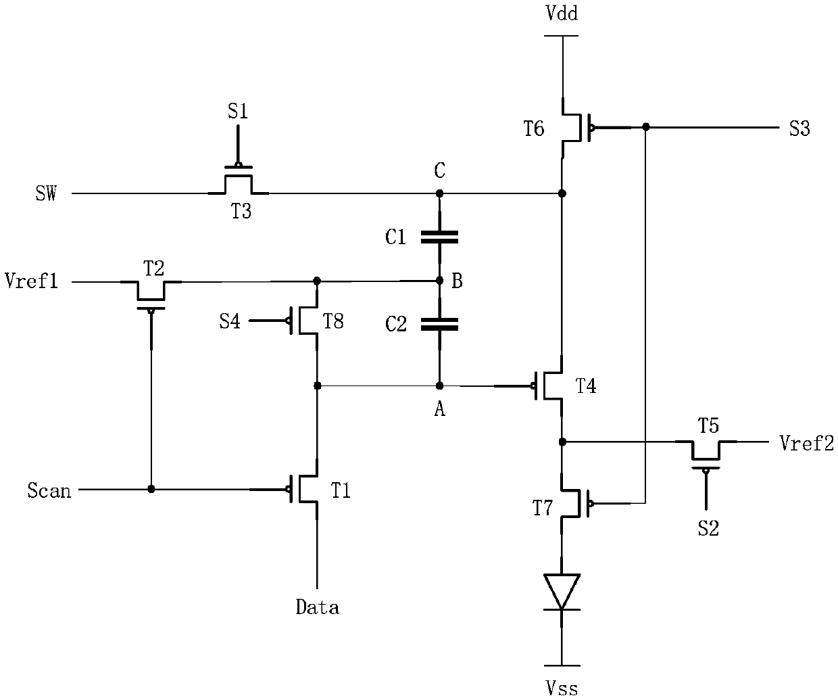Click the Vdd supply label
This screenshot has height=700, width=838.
pyautogui.click(x=562, y=14)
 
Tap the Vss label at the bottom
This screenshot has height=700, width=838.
pyautogui.click(x=562, y=689)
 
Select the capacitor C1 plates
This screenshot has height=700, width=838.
pyautogui.click(x=439, y=237)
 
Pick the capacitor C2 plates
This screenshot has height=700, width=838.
pyautogui.click(x=439, y=324)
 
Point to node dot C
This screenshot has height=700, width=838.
pyautogui.click(x=439, y=193)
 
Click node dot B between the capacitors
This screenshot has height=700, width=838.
pyautogui.click(x=439, y=280)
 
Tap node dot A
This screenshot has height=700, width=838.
pyautogui.click(x=439, y=386)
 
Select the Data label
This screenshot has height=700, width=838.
pyautogui.click(x=318, y=607)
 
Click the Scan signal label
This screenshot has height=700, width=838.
pyautogui.click(x=49, y=490)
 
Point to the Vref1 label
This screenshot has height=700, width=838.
pyautogui.click(x=31, y=280)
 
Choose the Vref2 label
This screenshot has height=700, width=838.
pyautogui.click(x=807, y=444)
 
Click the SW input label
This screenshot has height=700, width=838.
pyautogui.click(x=46, y=193)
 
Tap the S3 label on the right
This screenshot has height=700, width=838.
pyautogui.click(x=799, y=129)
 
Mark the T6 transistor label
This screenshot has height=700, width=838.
pyautogui.click(x=534, y=129)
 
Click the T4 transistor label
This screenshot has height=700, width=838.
pyautogui.click(x=586, y=386)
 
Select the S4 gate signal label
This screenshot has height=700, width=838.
pyautogui.click(x=230, y=321)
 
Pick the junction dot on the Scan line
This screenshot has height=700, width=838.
pyautogui.click(x=151, y=489)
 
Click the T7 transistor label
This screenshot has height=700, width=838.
pyautogui.click(x=543, y=508)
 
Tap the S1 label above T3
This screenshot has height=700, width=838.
pyautogui.click(x=238, y=111)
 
